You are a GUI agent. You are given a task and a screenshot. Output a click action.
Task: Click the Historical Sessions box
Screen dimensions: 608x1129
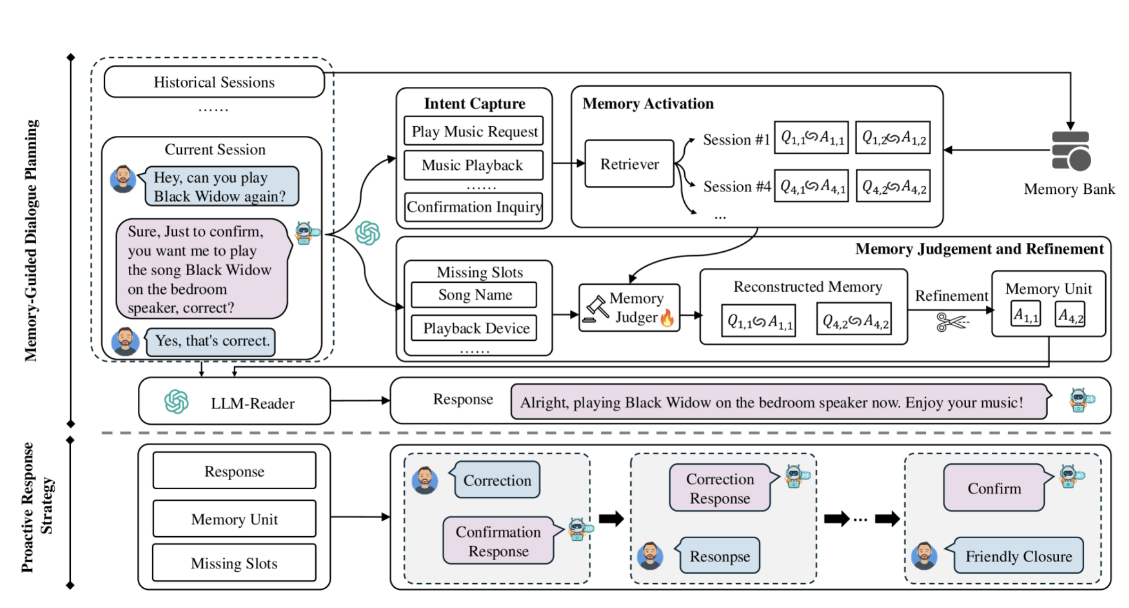(214, 82)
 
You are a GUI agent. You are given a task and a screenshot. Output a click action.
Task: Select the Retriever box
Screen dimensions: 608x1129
(629, 164)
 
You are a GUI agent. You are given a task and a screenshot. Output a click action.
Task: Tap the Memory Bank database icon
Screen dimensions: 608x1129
(1070, 151)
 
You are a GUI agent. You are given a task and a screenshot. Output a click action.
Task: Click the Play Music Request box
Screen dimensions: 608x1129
(474, 131)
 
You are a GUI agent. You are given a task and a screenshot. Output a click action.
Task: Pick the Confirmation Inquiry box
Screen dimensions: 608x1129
(474, 207)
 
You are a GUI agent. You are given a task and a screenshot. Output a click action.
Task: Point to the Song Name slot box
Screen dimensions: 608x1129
(474, 294)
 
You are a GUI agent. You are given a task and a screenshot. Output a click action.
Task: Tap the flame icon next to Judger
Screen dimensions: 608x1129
(667, 318)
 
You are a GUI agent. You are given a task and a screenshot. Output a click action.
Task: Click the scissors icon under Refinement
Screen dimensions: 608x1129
(951, 322)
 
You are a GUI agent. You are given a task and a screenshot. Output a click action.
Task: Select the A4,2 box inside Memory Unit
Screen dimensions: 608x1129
(1070, 315)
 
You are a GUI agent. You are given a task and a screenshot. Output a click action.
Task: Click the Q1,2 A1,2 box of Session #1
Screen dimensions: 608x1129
(893, 138)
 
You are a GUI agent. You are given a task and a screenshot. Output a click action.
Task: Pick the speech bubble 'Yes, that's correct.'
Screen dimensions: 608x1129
(211, 341)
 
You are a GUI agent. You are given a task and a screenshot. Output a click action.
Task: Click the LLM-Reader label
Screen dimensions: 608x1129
(252, 404)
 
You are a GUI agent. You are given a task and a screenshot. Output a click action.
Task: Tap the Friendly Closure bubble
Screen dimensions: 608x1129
(1018, 556)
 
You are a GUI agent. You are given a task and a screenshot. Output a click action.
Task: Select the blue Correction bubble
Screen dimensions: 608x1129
(497, 480)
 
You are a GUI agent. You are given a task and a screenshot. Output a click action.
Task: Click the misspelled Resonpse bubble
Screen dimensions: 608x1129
(719, 556)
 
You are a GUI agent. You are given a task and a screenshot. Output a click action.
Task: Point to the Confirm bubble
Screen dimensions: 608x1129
(994, 488)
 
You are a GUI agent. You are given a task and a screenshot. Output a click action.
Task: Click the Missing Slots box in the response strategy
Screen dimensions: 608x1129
(234, 563)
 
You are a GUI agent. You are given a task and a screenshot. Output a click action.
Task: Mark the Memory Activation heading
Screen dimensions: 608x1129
(648, 103)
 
